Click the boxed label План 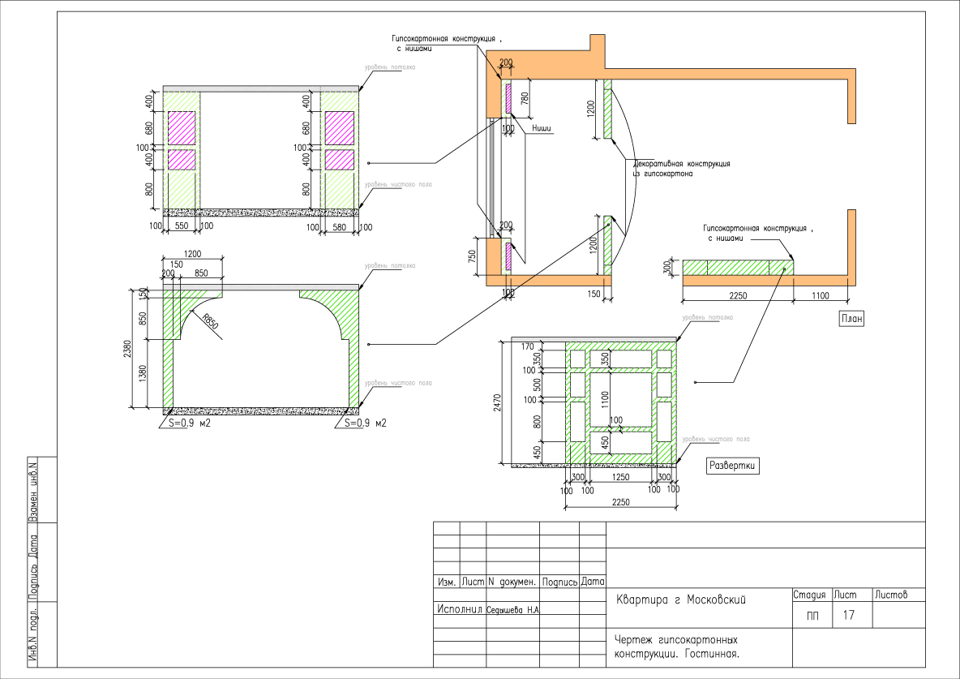pos(850,319)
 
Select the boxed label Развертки pos(733,466)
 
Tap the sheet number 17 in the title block pos(848,615)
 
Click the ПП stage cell pos(812,616)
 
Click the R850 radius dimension pos(211,324)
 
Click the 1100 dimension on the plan pos(821,296)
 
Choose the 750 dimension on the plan pos(472,257)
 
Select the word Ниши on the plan pos(543,128)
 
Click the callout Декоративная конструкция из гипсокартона pos(681,168)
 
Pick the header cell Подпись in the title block pos(559,582)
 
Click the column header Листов pos(890,595)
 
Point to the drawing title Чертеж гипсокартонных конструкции pos(675,646)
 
